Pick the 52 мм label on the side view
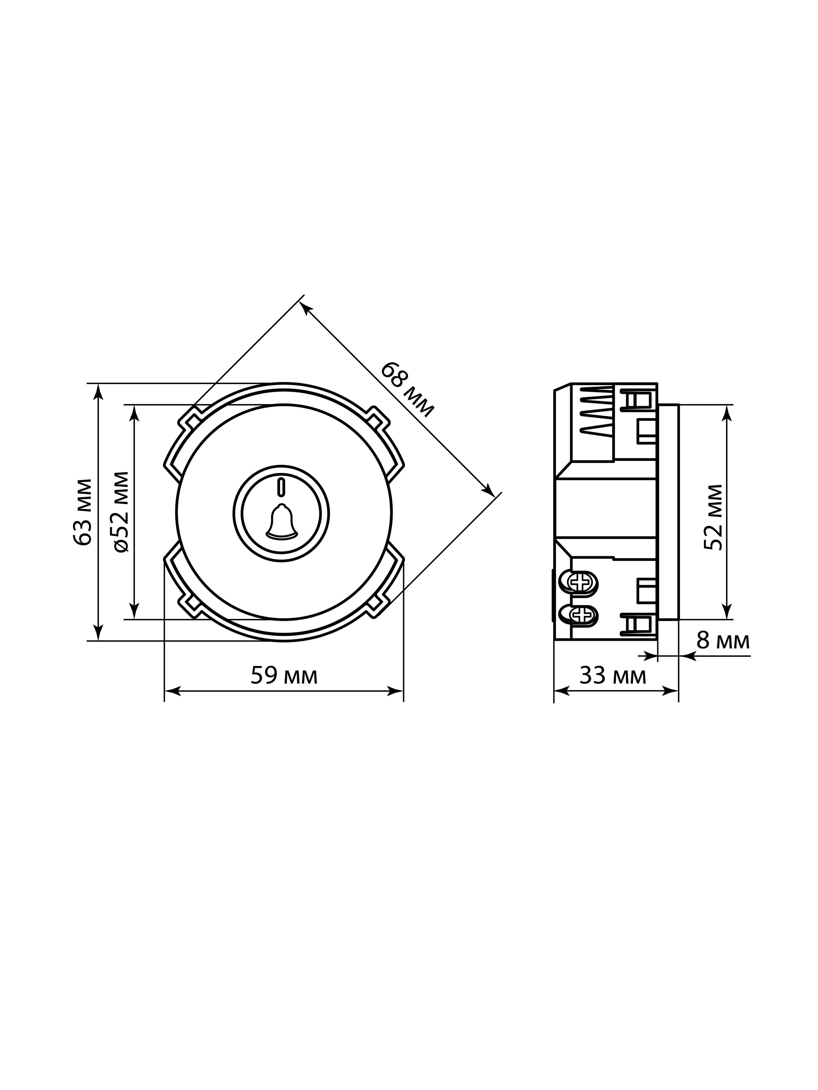point(713,517)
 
